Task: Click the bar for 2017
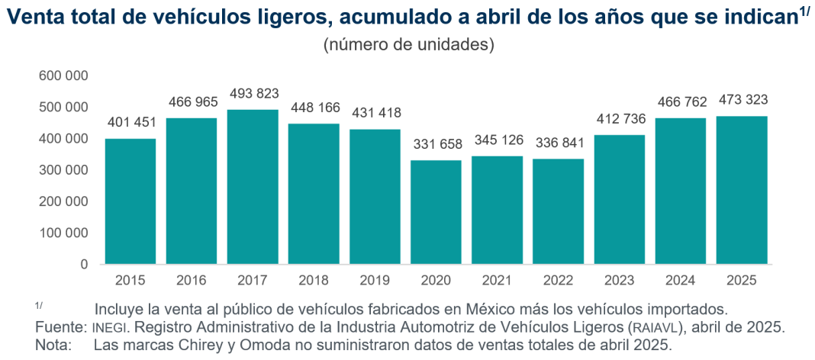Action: point(253,187)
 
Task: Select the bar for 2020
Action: point(436,212)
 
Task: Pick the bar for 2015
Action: point(130,201)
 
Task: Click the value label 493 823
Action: point(253,95)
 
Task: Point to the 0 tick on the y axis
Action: point(84,265)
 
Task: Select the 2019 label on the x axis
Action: point(375,281)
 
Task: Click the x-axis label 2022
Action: point(558,281)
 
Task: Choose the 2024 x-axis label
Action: point(680,281)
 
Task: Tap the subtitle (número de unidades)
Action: point(409,44)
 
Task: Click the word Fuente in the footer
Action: point(59,327)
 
